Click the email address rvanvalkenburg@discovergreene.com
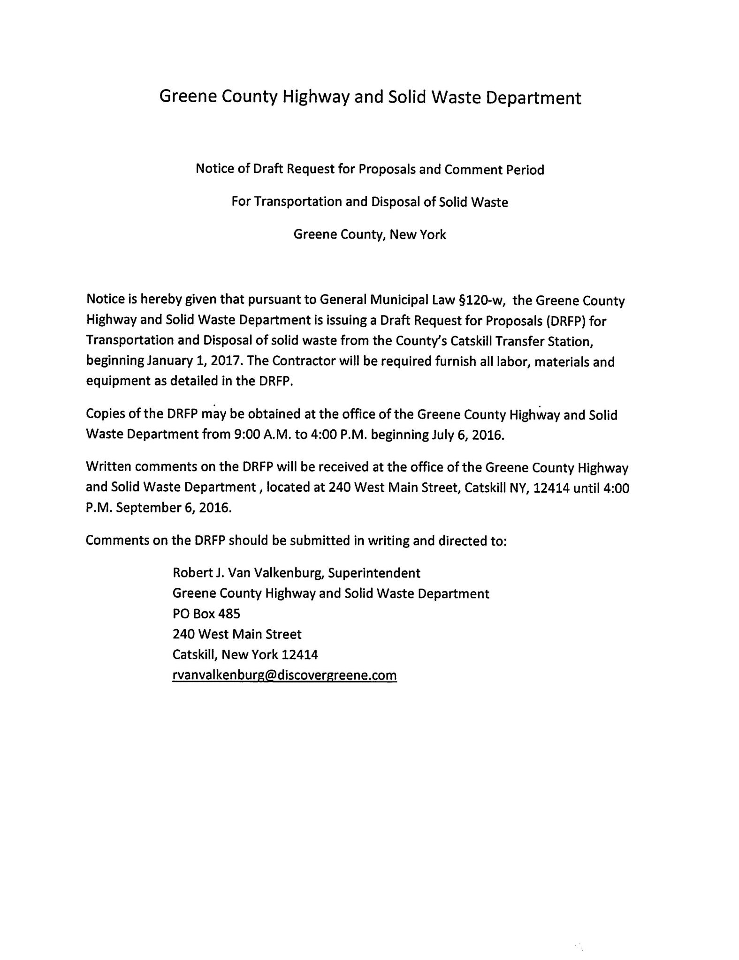coord(284,675)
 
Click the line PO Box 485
coord(206,614)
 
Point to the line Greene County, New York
coord(369,234)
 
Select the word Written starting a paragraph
coord(109,468)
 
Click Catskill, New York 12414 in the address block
coord(245,654)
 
